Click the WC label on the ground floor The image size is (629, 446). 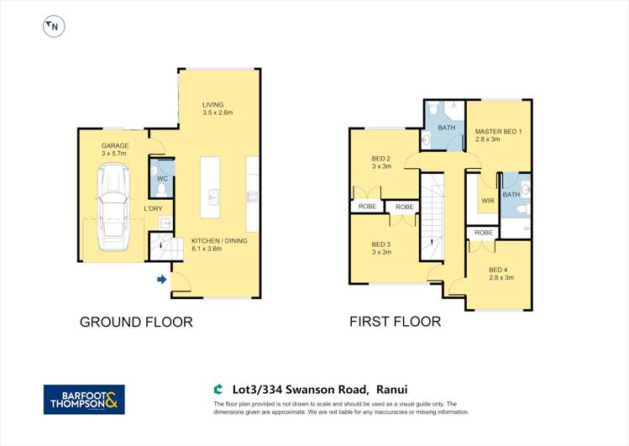tap(161, 178)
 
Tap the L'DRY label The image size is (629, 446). tap(153, 209)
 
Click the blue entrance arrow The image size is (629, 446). tap(161, 279)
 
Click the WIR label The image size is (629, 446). tap(487, 202)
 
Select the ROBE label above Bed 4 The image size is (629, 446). tap(483, 233)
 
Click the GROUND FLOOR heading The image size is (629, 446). tap(136, 322)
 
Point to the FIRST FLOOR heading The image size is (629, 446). tap(395, 322)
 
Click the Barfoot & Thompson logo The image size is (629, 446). tap(84, 399)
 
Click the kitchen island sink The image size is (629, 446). tap(213, 198)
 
